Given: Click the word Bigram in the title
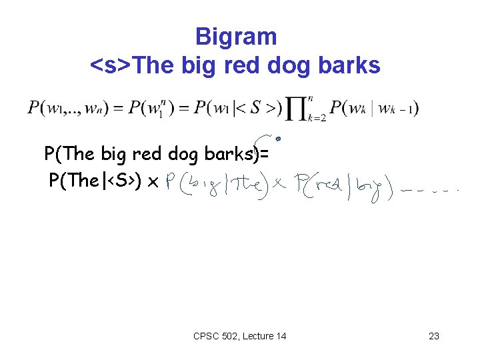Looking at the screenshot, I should tap(236, 36).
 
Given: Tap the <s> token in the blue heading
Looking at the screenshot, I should tap(110, 65).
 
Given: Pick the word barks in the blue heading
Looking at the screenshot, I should tap(352, 65).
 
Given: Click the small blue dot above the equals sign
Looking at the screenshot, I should tap(278, 139).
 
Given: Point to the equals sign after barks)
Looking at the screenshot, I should tap(265, 155).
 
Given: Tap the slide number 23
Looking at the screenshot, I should tap(434, 336).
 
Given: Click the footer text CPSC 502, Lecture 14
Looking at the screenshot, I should tap(239, 336).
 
